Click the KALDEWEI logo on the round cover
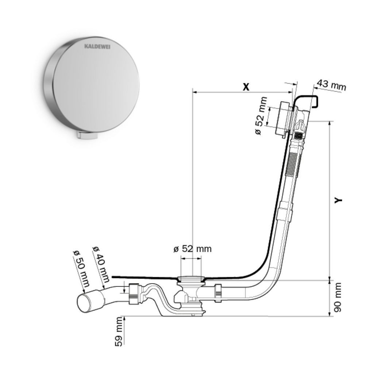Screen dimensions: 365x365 click(x=97, y=47)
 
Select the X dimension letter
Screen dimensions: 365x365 click(x=246, y=87)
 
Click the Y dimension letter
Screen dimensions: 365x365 click(x=338, y=200)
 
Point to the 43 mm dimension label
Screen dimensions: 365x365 click(x=331, y=85)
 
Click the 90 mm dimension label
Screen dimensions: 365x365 click(x=337, y=297)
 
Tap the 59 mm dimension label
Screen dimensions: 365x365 click(x=119, y=331)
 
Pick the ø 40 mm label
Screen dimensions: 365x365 click(x=101, y=264)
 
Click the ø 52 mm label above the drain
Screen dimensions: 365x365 click(x=192, y=249)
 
